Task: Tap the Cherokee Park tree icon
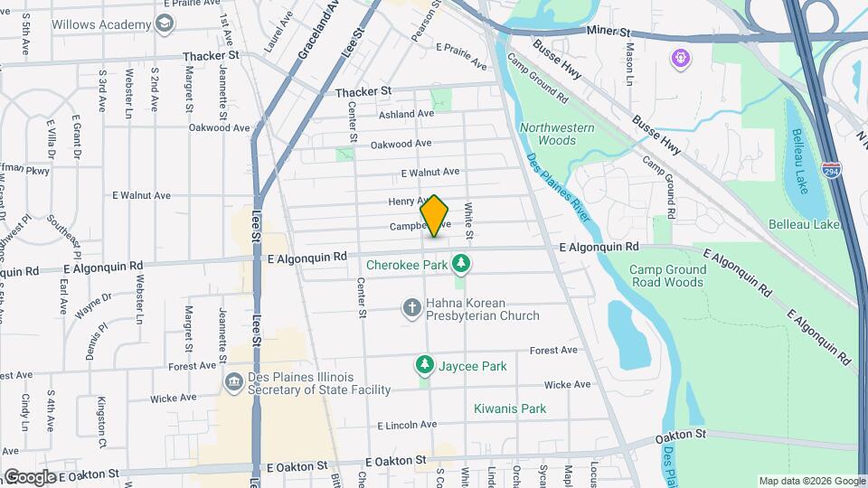click(462, 263)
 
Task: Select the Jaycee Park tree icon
click(424, 365)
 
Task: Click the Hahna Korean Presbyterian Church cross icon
click(411, 308)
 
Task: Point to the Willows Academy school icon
click(164, 23)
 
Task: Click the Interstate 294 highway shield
click(830, 171)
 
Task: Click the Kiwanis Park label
click(510, 408)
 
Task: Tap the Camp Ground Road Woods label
click(667, 277)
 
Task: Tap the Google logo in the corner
click(30, 476)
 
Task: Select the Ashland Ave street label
click(406, 114)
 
